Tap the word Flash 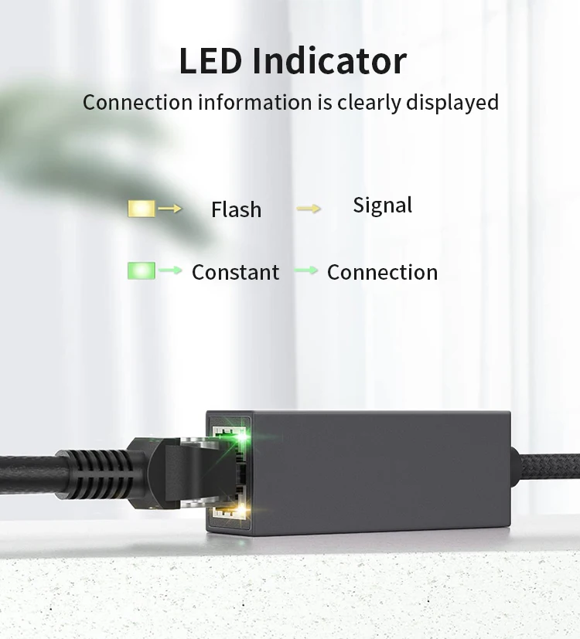236,209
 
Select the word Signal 382,206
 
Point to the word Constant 235,272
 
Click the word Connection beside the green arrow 382,272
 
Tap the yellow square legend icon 142,208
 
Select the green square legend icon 142,270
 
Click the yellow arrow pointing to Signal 308,208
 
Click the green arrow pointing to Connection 306,270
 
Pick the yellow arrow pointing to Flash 170,208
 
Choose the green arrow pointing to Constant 170,270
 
